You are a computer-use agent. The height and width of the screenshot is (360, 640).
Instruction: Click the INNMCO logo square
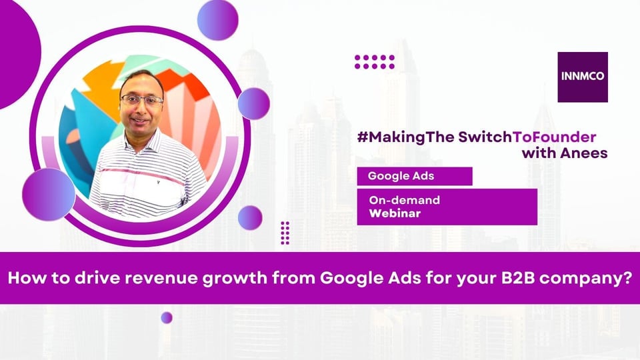pyautogui.click(x=583, y=77)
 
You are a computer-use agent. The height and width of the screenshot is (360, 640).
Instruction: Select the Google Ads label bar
pyautogui.click(x=414, y=176)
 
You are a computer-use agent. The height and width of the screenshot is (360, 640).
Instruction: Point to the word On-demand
pyautogui.click(x=404, y=200)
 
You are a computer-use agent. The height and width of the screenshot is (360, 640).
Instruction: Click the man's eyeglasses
pyautogui.click(x=141, y=100)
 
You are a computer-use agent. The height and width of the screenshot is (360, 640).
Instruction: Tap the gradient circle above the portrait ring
pyautogui.click(x=217, y=20)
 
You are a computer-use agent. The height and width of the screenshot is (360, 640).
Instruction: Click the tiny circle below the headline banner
pyautogui.click(x=167, y=317)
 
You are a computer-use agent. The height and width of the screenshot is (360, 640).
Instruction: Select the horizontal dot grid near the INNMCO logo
pyautogui.click(x=375, y=62)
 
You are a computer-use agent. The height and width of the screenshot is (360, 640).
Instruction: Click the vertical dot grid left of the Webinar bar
pyautogui.click(x=285, y=233)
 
